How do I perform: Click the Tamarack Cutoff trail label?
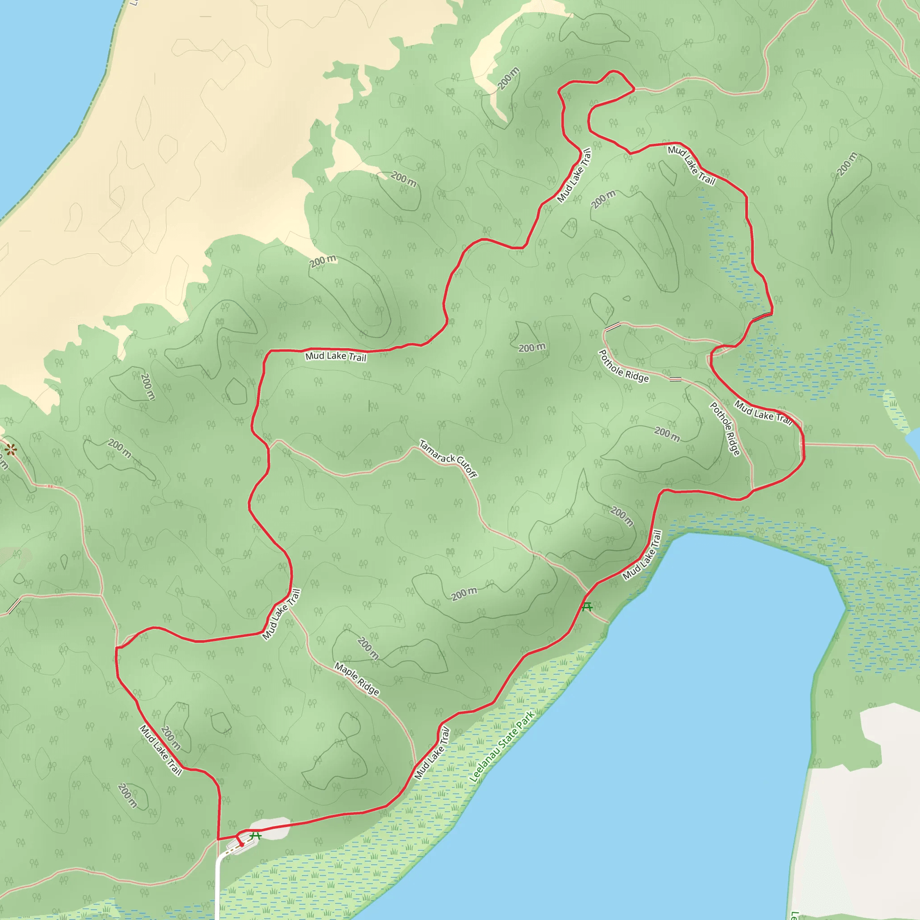(x=447, y=459)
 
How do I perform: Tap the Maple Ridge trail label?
(x=357, y=679)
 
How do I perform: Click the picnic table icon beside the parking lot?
(x=256, y=836)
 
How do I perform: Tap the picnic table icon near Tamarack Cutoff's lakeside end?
(x=587, y=606)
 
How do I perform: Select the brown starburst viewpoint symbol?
(x=11, y=449)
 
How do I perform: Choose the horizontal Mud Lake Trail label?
(x=336, y=356)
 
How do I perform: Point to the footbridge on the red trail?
(x=762, y=317)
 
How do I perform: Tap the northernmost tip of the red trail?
(x=613, y=71)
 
